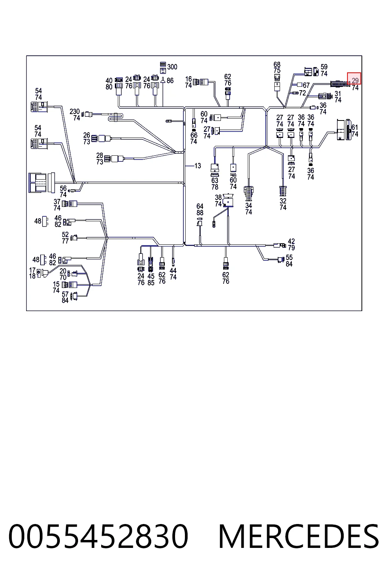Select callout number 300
(x=172, y=67)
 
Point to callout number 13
(x=198, y=166)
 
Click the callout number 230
(x=75, y=111)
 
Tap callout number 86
(x=170, y=81)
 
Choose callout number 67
(x=306, y=85)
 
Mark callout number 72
(x=302, y=93)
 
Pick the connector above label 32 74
(x=283, y=191)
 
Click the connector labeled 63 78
(x=215, y=170)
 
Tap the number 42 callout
(x=291, y=241)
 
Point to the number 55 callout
(x=289, y=258)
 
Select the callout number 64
(x=200, y=206)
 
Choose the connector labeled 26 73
(x=101, y=138)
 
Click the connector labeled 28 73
(x=114, y=158)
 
